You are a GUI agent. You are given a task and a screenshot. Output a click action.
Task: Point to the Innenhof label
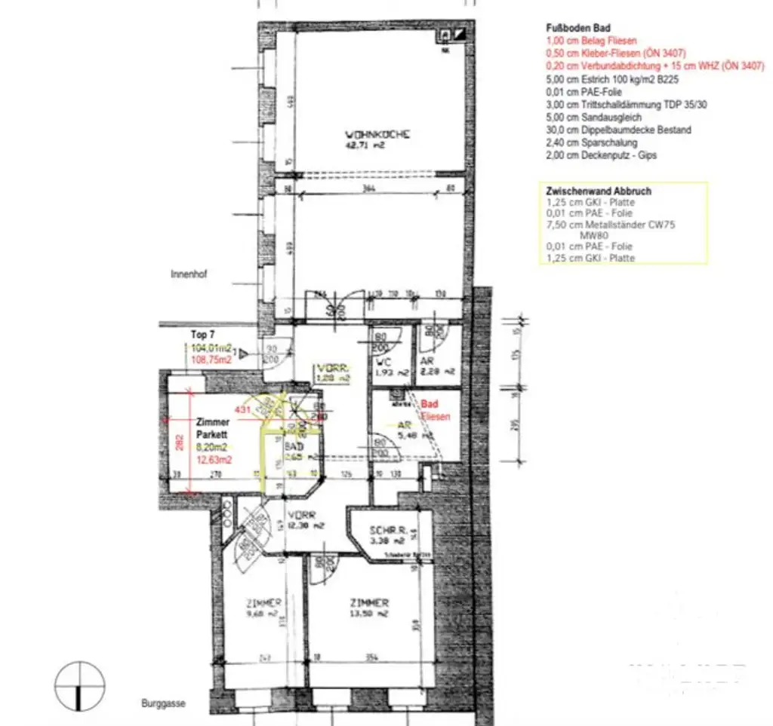(189, 275)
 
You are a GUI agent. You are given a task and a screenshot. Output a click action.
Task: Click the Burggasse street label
(162, 704)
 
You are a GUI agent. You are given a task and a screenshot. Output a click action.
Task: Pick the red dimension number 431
(243, 409)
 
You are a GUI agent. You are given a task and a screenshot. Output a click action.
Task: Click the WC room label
(382, 361)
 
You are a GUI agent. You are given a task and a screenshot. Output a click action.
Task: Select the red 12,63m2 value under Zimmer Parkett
(214, 459)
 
